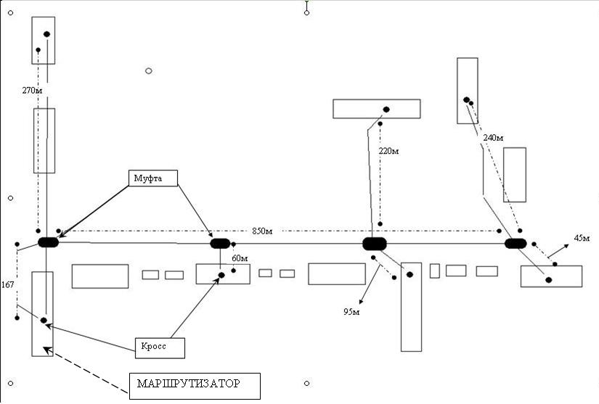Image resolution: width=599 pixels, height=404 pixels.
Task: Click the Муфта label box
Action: [x=152, y=178]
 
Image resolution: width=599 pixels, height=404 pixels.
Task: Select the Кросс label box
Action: [x=160, y=347]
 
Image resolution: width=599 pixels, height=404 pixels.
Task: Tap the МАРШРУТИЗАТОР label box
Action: [x=195, y=386]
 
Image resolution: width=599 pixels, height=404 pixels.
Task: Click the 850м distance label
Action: [x=262, y=231]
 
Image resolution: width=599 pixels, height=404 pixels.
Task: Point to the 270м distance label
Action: [x=33, y=91]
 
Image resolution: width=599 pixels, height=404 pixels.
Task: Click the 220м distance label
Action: [x=389, y=152]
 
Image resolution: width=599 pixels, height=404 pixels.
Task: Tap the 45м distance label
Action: [x=582, y=238]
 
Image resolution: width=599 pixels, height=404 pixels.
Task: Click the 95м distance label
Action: [x=351, y=312]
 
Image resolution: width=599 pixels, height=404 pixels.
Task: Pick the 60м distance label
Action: [x=240, y=258]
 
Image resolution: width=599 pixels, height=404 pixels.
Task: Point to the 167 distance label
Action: [x=8, y=284]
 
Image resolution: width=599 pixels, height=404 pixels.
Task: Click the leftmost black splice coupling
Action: [x=48, y=242]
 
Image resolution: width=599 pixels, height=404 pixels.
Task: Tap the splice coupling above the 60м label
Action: [x=220, y=243]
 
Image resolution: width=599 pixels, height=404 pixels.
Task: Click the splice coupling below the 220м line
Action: [x=375, y=244]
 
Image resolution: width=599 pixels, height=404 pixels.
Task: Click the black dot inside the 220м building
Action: [x=386, y=110]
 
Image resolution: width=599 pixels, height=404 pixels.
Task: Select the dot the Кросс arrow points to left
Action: [x=44, y=320]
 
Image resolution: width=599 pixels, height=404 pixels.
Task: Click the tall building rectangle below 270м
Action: [x=44, y=141]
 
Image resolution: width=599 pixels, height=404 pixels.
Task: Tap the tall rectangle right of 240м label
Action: [x=514, y=175]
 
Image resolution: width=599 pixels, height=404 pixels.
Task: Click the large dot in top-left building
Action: [x=47, y=34]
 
